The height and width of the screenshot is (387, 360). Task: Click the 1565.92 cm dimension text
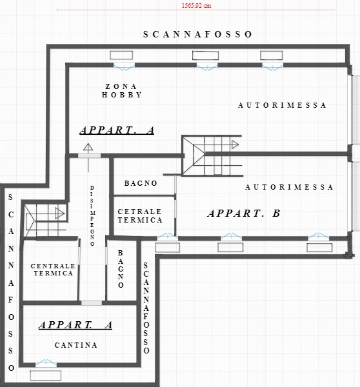(x=197, y=5)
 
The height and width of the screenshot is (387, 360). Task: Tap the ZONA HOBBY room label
(x=122, y=90)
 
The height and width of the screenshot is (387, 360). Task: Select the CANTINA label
(x=75, y=345)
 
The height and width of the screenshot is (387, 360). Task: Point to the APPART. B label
(x=244, y=213)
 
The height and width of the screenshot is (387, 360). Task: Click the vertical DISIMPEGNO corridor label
(x=92, y=215)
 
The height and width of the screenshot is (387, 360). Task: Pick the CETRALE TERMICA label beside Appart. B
(x=140, y=215)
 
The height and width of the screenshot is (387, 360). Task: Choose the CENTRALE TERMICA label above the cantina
(x=53, y=270)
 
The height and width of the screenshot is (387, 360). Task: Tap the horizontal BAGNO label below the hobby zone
(x=141, y=183)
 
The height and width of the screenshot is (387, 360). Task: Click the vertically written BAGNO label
(x=121, y=269)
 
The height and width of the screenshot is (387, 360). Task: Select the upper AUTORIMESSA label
(x=282, y=105)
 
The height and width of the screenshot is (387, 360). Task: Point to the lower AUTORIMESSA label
(x=289, y=187)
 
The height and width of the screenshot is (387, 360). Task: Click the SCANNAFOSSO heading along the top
(x=197, y=34)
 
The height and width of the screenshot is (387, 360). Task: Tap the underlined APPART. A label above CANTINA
(x=75, y=325)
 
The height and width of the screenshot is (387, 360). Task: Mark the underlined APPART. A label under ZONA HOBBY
(x=117, y=130)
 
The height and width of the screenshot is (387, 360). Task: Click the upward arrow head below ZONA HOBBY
(x=88, y=147)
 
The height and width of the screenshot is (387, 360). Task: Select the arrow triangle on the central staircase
(x=235, y=144)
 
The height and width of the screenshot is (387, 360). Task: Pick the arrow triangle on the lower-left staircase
(x=59, y=213)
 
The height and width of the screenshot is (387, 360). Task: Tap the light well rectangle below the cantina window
(x=46, y=375)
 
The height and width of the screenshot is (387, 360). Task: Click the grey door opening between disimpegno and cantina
(x=92, y=303)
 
